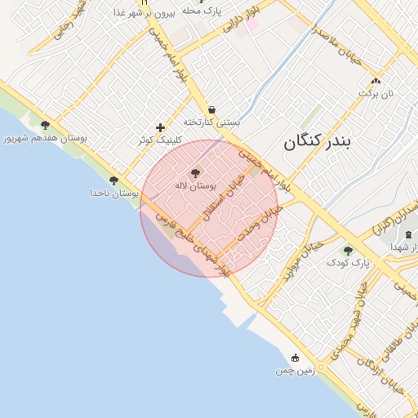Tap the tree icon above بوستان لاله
coord(194,173)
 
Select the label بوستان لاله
coord(194,186)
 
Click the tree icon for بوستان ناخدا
coord(113,180)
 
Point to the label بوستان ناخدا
coord(111,193)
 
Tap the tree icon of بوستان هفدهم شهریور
coord(45,126)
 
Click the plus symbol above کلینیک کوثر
coord(160,127)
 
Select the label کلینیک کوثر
coord(158,140)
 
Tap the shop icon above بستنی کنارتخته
coord(211,109)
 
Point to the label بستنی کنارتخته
coord(211,122)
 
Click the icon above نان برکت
coord(376,81)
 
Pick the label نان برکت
coord(376,94)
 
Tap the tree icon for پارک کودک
coord(349,251)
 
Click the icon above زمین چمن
coord(295,358)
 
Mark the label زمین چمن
coord(295,371)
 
